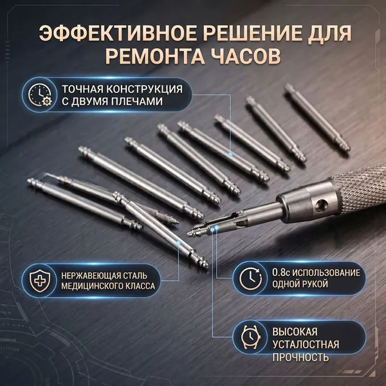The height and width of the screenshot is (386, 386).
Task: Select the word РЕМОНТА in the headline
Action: [x=155, y=56]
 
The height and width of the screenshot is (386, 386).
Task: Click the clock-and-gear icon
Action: [x=40, y=95]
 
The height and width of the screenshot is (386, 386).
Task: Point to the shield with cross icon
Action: [x=40, y=280]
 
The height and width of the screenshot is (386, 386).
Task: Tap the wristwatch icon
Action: [x=251, y=336]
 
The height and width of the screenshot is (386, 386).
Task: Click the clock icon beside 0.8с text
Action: [x=251, y=278]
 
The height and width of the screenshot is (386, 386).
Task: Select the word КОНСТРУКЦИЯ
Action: [x=145, y=89]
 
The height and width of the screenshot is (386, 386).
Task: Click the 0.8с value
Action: [x=281, y=273]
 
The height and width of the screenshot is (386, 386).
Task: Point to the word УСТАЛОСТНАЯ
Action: [x=306, y=344]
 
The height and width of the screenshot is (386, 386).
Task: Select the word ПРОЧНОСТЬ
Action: [x=300, y=357]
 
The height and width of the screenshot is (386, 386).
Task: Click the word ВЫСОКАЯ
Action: [x=295, y=331]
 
